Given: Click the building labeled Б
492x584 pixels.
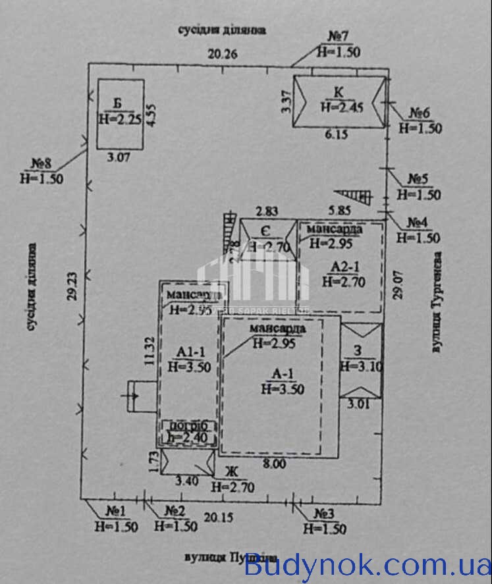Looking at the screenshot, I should click(121, 113).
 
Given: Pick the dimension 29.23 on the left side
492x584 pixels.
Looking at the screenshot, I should click(71, 286).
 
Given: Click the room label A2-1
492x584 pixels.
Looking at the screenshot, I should click(343, 267).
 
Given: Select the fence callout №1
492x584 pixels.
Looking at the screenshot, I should click(116, 510).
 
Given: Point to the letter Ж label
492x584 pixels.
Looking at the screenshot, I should click(231, 471).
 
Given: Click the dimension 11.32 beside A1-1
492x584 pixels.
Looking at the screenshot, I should click(151, 350).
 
